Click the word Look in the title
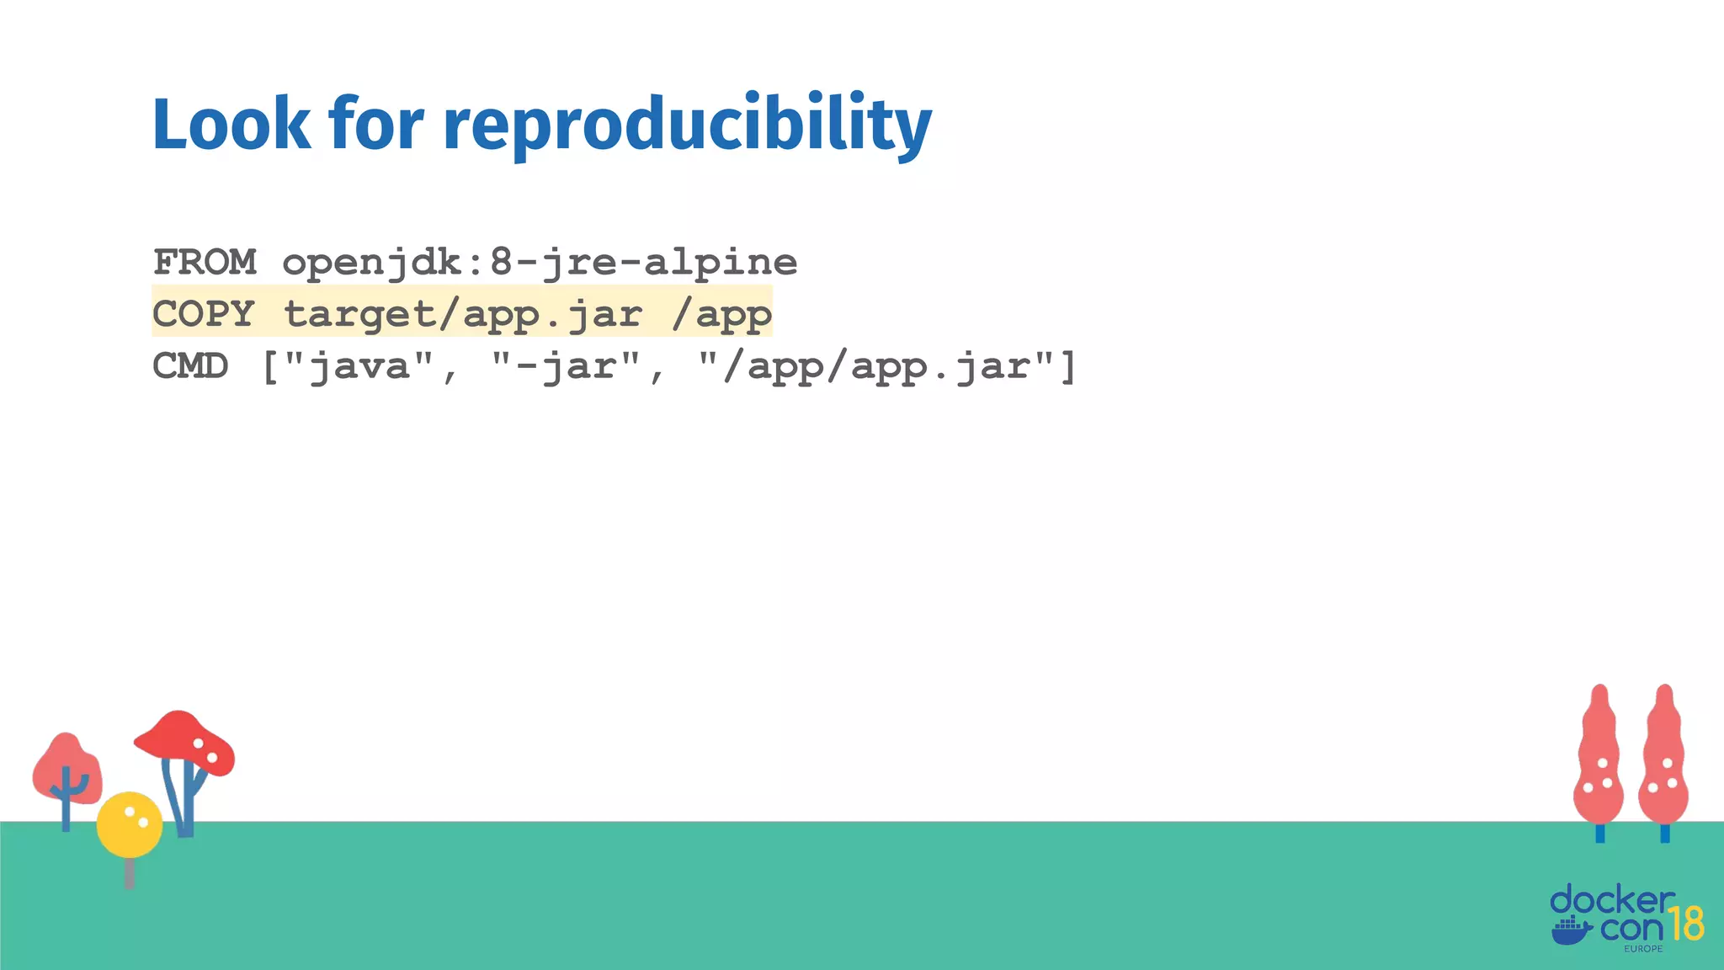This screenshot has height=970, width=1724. point(231,124)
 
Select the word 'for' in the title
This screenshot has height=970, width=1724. point(376,124)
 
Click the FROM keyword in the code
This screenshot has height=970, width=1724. point(205,262)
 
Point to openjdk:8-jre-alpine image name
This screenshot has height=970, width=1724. point(540,262)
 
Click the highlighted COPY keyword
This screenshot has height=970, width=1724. point(203,314)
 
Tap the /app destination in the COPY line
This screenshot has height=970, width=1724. point(721,314)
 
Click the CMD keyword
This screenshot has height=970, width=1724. point(190,366)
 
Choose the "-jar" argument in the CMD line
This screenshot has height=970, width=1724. point(566,366)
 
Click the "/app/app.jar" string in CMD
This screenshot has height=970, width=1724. point(876,366)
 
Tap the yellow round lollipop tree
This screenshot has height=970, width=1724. point(129,824)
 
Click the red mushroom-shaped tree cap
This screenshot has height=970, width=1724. point(184,738)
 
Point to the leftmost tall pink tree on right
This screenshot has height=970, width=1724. point(1599,758)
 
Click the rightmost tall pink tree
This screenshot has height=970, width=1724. point(1663,758)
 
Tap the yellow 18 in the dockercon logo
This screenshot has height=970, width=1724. point(1685,924)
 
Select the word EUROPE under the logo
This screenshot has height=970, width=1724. point(1643,949)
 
